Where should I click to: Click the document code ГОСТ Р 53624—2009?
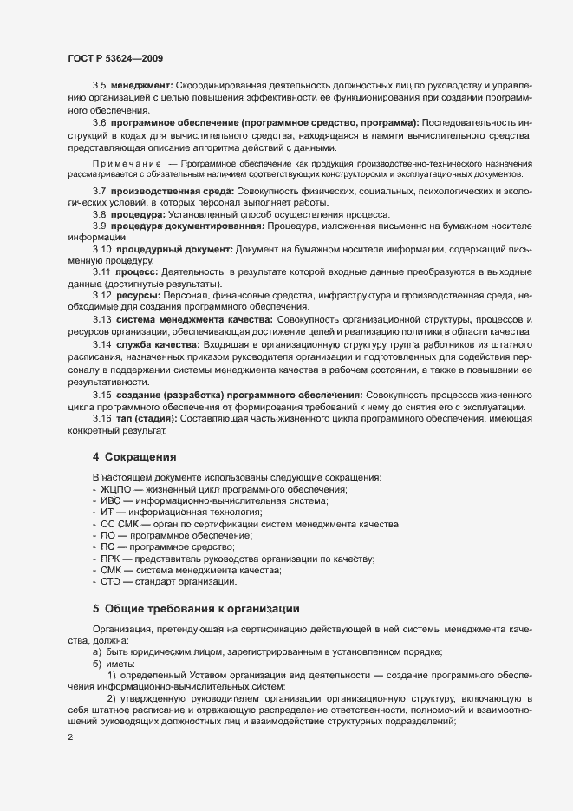pos(115,58)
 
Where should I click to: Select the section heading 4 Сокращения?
pos(134,456)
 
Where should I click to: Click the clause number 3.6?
pos(100,122)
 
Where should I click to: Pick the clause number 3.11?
pos(102,272)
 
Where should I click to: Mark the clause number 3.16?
pos(102,419)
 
